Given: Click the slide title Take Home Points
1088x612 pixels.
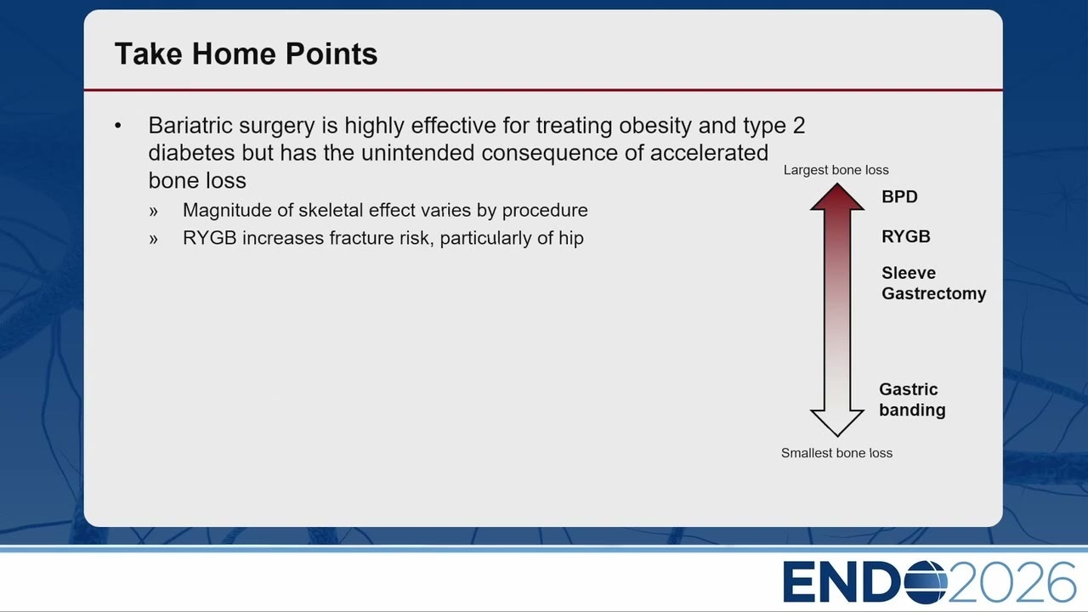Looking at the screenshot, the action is (x=246, y=54).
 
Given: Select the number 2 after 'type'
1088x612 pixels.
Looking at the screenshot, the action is (x=799, y=126).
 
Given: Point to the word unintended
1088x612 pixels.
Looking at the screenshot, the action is (x=417, y=153).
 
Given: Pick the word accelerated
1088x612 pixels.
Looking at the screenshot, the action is (x=709, y=153).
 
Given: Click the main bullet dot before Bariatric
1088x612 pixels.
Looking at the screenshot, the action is (x=118, y=126).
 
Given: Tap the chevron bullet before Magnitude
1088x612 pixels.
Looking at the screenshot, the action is (x=154, y=212).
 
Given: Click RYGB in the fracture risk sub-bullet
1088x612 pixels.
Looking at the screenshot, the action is (x=209, y=238).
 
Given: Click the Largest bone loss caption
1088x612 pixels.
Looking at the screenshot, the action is (x=836, y=170).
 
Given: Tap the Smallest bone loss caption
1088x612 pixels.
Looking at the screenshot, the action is (x=836, y=453).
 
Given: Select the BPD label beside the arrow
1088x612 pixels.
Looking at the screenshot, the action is (x=899, y=196).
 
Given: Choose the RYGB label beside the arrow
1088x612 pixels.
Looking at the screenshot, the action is (x=906, y=236).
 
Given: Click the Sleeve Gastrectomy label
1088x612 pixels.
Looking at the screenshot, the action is (x=933, y=283).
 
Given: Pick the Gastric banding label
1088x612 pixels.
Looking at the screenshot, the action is (x=912, y=399).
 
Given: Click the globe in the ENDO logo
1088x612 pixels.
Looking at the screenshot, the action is (x=926, y=582).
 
